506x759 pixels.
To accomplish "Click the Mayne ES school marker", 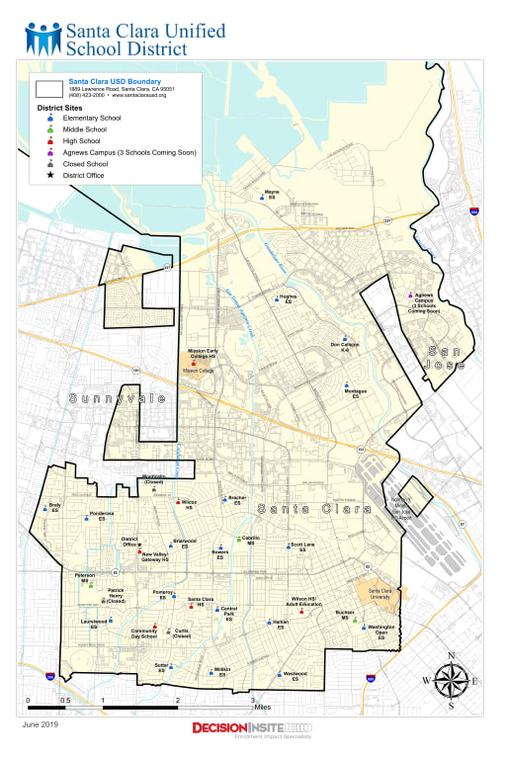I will click(x=262, y=198).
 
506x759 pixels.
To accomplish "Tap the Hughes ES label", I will click(x=289, y=299).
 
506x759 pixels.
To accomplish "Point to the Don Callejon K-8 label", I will click(x=345, y=347).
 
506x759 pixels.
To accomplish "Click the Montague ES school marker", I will click(x=346, y=384).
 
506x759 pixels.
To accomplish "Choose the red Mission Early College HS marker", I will click(x=194, y=363).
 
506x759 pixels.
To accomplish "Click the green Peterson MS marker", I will click(x=90, y=585).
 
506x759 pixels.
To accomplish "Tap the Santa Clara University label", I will click(x=380, y=593).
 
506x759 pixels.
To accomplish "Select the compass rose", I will click(x=451, y=681).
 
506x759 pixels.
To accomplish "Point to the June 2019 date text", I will click(x=41, y=725).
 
